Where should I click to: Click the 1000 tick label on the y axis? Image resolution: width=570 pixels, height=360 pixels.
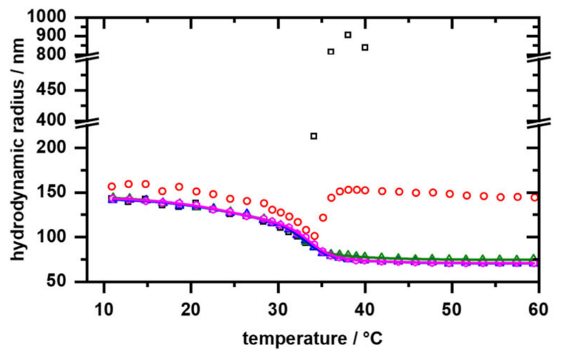67,16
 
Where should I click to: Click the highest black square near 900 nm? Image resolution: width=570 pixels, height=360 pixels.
348,34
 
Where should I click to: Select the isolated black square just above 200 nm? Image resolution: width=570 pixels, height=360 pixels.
314,136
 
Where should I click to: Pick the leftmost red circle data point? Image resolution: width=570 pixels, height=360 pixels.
112,186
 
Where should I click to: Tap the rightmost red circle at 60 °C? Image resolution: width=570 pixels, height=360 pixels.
535,198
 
